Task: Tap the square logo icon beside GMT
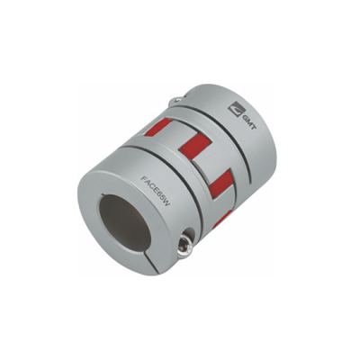235,109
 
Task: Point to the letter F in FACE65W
143,179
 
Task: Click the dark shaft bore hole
125,221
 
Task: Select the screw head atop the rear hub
176,99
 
